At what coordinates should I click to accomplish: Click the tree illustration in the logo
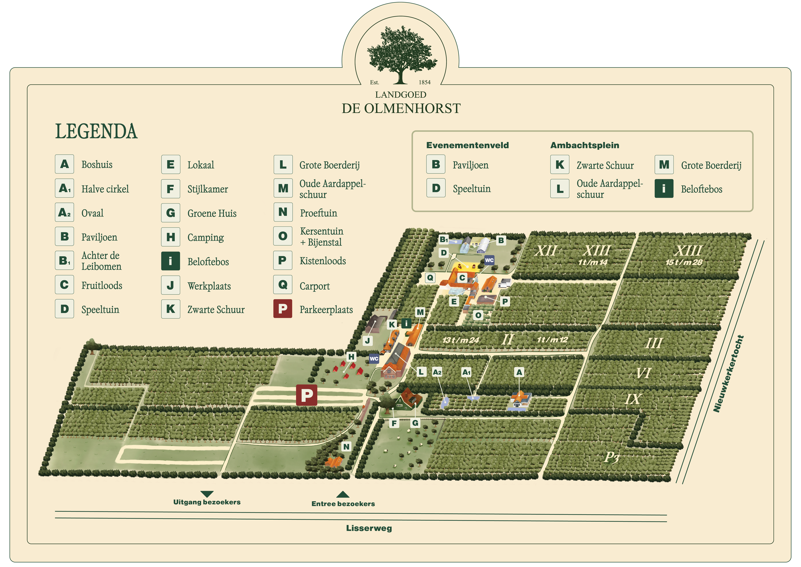point(401,54)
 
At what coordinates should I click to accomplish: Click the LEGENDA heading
point(96,132)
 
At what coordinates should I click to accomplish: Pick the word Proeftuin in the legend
point(318,213)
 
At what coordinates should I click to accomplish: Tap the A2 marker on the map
point(437,372)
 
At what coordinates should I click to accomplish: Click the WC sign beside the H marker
point(374,359)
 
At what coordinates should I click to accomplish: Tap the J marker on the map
point(367,341)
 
